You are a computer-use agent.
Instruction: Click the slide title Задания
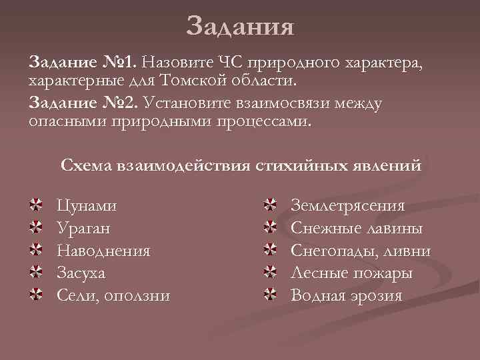[x=240, y=26]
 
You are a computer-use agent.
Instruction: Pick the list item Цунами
[x=87, y=205]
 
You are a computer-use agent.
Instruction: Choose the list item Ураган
[x=84, y=228]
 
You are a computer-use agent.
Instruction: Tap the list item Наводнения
[x=103, y=251]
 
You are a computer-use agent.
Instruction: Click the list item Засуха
[x=81, y=273]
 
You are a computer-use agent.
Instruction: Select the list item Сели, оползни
[x=113, y=295]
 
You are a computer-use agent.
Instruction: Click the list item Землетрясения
[x=347, y=205]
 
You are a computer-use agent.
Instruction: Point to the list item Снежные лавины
[x=357, y=228]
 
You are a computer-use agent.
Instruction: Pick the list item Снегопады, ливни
[x=361, y=251]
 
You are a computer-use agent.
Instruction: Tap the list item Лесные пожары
[x=351, y=273]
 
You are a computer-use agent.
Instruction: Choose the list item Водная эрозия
[x=347, y=295]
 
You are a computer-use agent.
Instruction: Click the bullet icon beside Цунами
[x=37, y=204]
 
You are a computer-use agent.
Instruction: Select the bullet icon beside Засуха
[x=37, y=272]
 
